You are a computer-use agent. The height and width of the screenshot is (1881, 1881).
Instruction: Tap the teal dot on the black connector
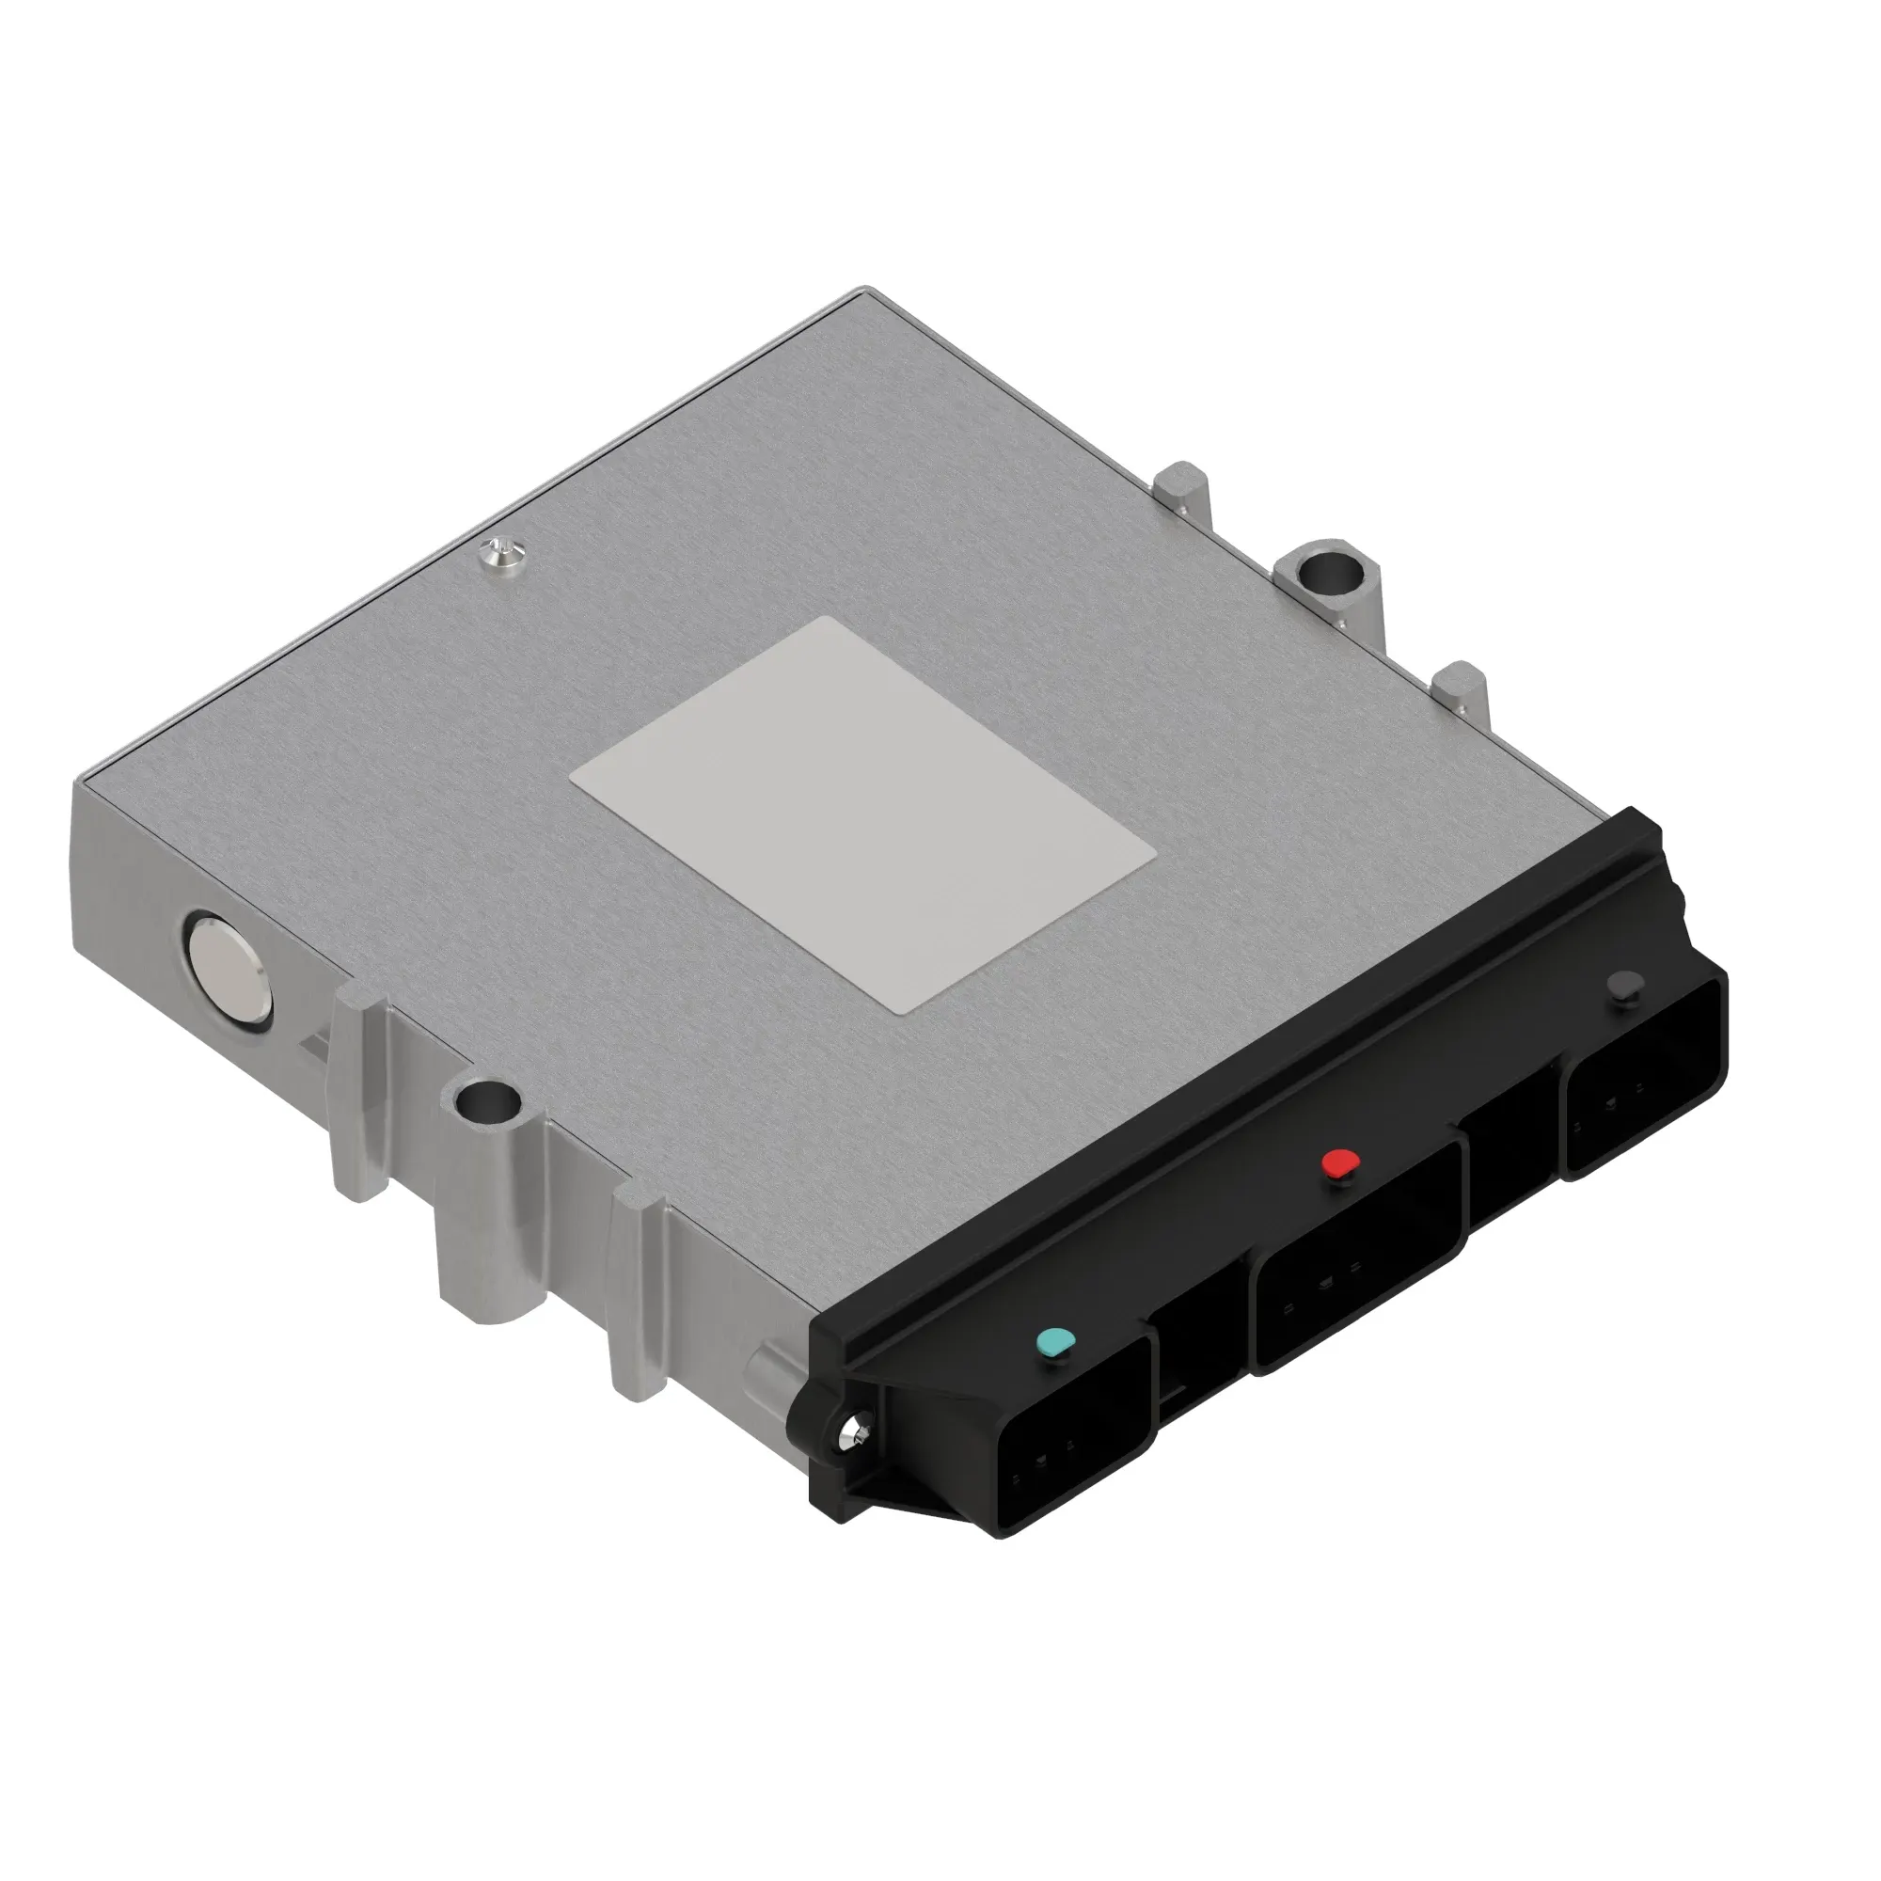[x=1054, y=1343]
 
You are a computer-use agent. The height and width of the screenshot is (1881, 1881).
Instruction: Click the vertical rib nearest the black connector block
[x=638, y=1295]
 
